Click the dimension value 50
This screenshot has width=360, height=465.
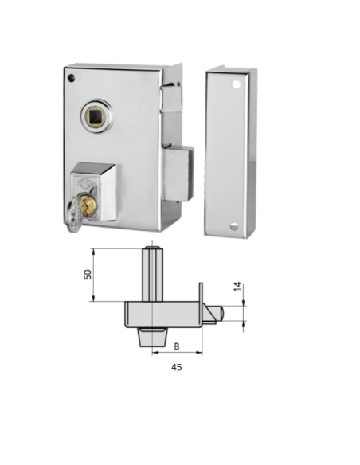pyautogui.click(x=88, y=274)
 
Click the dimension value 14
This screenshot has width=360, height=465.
pyautogui.click(x=237, y=286)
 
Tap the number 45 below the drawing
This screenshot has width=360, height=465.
pyautogui.click(x=177, y=367)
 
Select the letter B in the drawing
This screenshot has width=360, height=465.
pyautogui.click(x=177, y=346)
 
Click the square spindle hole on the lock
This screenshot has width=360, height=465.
pyautogui.click(x=96, y=118)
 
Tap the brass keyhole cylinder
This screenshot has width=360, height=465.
pyautogui.click(x=89, y=205)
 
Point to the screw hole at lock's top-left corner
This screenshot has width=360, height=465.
pyautogui.click(x=72, y=78)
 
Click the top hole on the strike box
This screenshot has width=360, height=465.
pyautogui.click(x=236, y=84)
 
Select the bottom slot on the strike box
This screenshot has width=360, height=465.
pyautogui.click(x=233, y=226)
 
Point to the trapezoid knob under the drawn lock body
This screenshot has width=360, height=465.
pyautogui.click(x=152, y=337)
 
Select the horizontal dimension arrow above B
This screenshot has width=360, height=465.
pyautogui.click(x=177, y=352)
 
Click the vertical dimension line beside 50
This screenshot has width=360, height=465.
pyautogui.click(x=95, y=275)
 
